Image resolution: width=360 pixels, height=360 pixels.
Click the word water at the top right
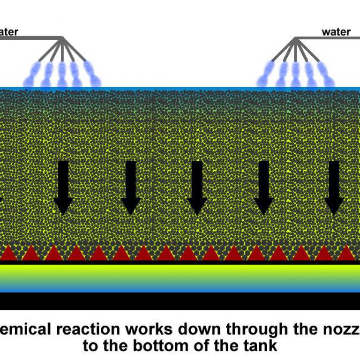(x=336, y=32)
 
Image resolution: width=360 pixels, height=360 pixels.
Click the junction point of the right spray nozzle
(x=295, y=39)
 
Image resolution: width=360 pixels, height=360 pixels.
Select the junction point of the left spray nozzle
(x=62, y=39)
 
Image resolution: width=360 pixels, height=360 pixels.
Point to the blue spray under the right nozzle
(x=295, y=75)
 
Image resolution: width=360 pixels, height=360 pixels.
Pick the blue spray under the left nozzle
(x=62, y=75)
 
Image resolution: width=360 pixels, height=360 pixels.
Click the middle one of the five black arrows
(x=197, y=187)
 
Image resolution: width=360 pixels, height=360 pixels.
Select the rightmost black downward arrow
(x=334, y=187)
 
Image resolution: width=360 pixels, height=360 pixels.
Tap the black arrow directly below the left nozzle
(x=63, y=187)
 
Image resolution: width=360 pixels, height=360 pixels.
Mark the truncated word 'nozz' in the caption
(x=340, y=330)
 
